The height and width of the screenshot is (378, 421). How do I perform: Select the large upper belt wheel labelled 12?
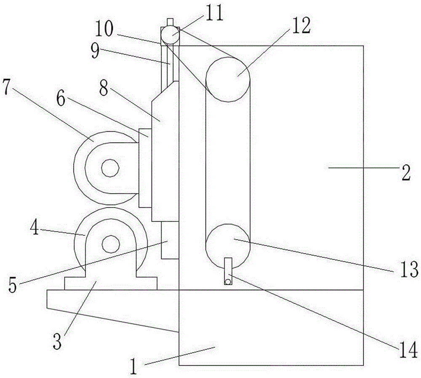pos(228,79)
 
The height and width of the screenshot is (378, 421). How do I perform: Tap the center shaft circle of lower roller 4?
pos(110,243)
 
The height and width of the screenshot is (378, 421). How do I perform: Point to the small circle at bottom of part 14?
pos(228,281)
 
